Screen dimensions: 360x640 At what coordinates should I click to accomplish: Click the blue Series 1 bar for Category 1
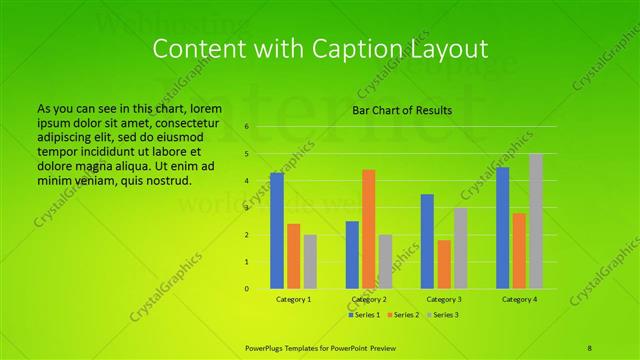277,231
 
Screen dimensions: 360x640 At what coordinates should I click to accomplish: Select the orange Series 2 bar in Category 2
369,229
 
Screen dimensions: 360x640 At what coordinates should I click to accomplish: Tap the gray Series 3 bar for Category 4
536,221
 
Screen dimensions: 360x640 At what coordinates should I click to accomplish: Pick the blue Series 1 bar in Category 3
427,241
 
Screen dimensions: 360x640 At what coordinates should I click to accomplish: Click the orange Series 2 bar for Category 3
444,264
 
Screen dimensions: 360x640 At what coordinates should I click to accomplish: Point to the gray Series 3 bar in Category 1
310,262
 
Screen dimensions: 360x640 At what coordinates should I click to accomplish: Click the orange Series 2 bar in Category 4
519,251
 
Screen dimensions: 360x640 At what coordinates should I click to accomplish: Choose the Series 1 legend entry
366,315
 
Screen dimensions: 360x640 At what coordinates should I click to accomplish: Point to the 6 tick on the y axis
246,127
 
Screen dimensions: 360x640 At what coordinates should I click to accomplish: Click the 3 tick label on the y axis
246,208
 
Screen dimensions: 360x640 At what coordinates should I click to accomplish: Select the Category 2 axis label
369,299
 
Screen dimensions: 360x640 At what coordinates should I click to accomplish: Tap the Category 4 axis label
519,299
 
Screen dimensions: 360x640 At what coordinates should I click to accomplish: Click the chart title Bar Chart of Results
402,110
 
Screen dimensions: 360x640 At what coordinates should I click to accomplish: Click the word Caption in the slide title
368,49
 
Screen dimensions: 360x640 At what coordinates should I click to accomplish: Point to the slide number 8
590,346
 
